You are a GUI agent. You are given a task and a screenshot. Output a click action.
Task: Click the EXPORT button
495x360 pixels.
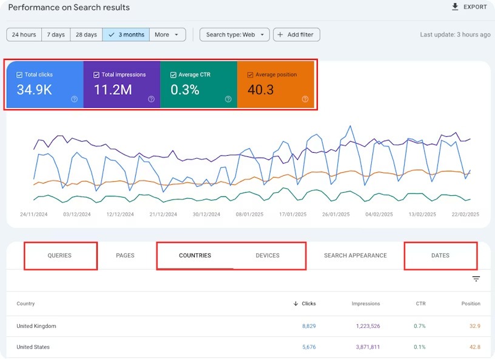pos(469,7)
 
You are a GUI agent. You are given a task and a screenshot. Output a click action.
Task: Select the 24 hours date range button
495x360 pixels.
pos(24,35)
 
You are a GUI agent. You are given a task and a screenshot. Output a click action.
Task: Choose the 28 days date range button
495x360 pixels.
pos(86,35)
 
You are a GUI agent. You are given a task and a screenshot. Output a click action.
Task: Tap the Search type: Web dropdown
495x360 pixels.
pos(234,35)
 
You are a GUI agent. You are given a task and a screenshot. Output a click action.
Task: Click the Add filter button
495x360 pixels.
pos(296,35)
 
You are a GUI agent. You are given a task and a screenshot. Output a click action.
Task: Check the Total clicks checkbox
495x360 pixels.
pos(20,75)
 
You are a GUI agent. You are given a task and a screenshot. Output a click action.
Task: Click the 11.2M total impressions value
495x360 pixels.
pos(113,90)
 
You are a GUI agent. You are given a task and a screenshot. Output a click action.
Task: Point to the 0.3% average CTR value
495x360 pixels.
pos(185,90)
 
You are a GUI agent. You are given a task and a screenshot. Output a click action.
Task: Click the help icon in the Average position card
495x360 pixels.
pos(305,99)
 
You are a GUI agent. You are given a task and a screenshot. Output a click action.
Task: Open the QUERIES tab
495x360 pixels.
pos(59,256)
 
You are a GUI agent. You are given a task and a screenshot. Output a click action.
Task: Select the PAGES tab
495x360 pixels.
pos(125,256)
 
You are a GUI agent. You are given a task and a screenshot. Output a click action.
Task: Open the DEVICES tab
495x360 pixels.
pos(268,256)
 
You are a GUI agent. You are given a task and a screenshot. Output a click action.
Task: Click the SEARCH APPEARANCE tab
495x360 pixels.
pos(355,256)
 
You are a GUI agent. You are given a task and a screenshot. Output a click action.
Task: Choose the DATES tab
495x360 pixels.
pos(440,256)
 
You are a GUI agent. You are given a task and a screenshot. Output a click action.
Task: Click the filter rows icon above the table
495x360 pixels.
pos(476,279)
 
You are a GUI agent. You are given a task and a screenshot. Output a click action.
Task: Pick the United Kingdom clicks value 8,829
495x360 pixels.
pos(309,326)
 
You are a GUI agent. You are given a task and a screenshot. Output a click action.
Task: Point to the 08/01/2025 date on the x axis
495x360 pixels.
pos(250,215)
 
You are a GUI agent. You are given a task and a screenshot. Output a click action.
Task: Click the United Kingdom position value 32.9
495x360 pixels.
pos(474,326)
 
